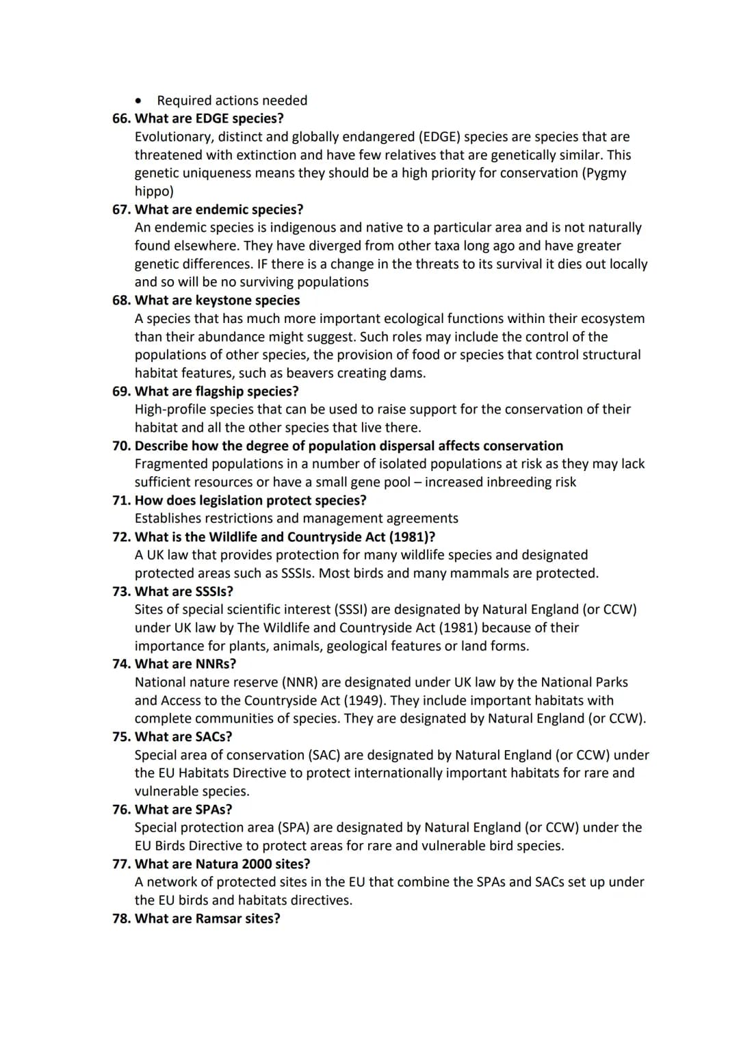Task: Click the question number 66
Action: (121, 118)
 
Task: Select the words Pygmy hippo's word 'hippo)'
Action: (154, 192)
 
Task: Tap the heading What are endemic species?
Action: (219, 209)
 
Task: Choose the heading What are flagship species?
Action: (217, 391)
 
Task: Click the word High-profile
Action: (170, 409)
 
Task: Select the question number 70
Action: (121, 446)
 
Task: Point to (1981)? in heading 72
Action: (412, 537)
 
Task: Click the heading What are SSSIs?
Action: (184, 591)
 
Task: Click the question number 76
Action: (121, 810)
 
